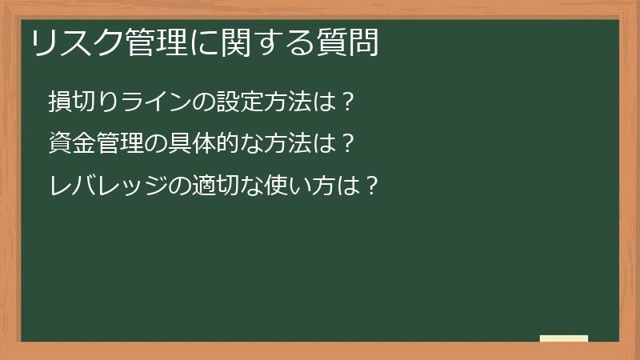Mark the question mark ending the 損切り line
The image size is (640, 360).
(x=346, y=102)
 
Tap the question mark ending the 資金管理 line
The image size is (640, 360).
(x=346, y=145)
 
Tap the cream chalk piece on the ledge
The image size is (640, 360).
(x=563, y=338)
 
